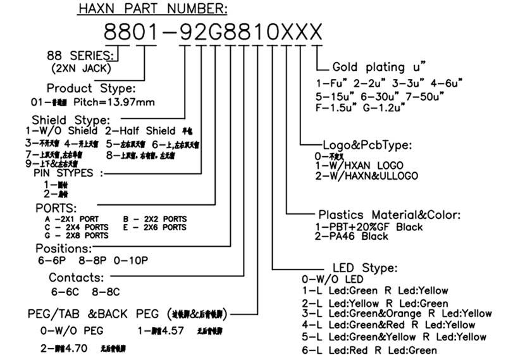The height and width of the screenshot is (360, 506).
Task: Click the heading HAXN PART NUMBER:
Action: point(152,9)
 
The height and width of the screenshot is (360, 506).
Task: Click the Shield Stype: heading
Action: point(71,120)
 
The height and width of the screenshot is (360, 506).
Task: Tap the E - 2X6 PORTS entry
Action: point(156,227)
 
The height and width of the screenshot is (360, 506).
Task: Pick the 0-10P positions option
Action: point(132,260)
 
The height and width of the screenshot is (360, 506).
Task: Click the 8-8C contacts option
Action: point(105,292)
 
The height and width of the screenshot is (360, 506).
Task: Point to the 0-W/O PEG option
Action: point(71,330)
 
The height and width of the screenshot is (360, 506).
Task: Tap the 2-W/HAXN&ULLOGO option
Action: point(366,176)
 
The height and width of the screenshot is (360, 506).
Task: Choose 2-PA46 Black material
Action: point(353,236)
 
